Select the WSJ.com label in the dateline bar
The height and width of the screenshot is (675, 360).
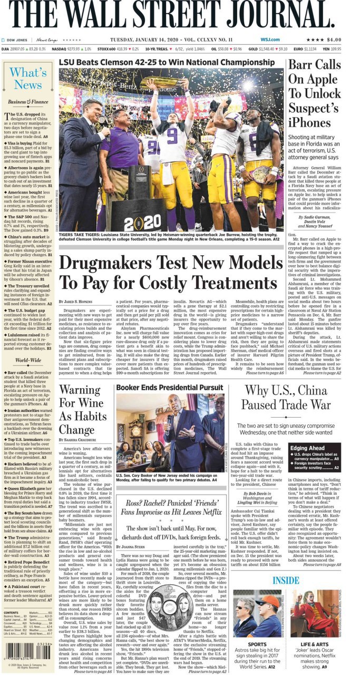pos(269,40)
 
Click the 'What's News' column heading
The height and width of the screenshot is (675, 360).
pos(27,79)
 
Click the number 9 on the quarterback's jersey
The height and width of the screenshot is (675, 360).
pos(172,137)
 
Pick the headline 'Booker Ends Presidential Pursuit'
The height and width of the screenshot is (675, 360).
pos(170,387)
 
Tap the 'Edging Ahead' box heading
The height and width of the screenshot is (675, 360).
pos(308,448)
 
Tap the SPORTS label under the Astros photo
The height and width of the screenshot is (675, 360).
pos(257,644)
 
